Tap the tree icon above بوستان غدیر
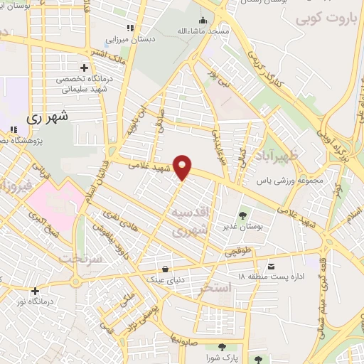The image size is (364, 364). [243, 215]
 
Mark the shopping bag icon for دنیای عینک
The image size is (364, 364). [166, 269]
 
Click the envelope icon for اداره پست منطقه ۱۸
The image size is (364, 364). [269, 267]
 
